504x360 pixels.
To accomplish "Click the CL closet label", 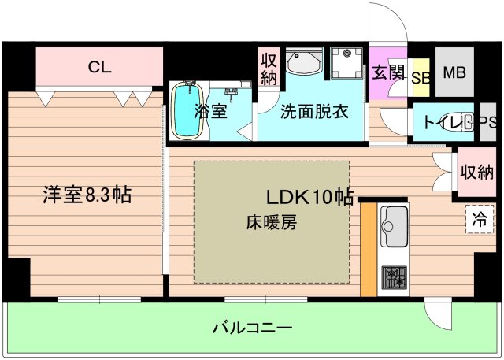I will [x=100, y=67].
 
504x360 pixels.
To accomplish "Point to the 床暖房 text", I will [x=270, y=222].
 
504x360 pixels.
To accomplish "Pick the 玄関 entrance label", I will [x=387, y=73].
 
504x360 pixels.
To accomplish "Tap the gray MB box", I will [x=454, y=73].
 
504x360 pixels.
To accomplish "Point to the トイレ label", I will [x=441, y=122].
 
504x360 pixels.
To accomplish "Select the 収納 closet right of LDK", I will [x=477, y=172].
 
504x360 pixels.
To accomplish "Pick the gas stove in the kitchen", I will [x=393, y=278].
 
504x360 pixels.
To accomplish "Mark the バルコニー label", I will [x=252, y=326].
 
